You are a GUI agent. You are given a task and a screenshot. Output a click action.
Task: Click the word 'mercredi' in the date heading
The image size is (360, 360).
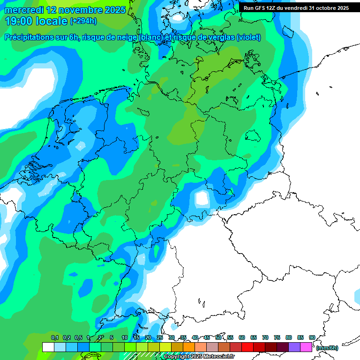coord(23,10)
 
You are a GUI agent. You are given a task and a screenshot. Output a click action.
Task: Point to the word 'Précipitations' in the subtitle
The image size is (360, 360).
coord(29,37)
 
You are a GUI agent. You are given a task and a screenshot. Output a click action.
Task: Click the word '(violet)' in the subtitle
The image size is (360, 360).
coord(248,37)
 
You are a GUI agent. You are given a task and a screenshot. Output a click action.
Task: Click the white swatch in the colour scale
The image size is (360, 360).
coord(48,347)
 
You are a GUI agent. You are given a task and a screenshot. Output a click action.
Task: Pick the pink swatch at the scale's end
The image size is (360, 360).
coord(306,347)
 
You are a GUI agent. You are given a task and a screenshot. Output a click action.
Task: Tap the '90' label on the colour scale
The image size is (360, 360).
coord(312,337)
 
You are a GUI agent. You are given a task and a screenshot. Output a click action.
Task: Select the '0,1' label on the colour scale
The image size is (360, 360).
coord(54,337)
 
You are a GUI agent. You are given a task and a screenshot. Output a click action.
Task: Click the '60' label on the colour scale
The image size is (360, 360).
coord(242,337)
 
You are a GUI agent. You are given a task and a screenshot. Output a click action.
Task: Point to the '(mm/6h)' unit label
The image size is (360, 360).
coord(327,348)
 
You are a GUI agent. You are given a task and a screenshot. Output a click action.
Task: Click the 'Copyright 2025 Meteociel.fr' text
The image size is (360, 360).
coord(199,357)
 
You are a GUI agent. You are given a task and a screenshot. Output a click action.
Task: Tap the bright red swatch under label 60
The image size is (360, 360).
coord(247,347)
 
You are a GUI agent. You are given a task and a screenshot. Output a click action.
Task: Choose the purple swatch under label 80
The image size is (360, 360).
coord(294,347)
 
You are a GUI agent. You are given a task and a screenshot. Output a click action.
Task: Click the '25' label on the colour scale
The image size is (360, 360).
coord(160,337)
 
